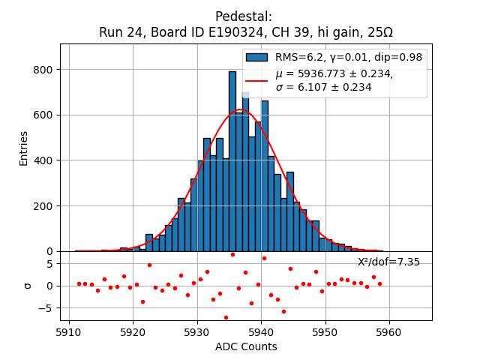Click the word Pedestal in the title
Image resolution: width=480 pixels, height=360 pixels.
coord(244,16)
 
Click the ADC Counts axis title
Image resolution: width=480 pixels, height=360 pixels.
coord(246,346)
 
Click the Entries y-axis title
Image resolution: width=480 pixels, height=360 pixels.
coord(23,148)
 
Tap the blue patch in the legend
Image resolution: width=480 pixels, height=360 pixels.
coord(256,57)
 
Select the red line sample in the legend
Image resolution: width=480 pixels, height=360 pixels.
coord(256,80)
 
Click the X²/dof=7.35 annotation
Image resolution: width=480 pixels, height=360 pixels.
coord(388,262)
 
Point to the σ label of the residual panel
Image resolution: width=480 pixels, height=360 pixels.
coord(28,286)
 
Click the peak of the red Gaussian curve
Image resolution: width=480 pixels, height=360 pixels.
coord(240,109)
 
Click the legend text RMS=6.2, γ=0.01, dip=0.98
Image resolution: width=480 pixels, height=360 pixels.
coord(348,57)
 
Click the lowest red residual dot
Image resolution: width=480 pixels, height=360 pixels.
coord(226,317)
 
